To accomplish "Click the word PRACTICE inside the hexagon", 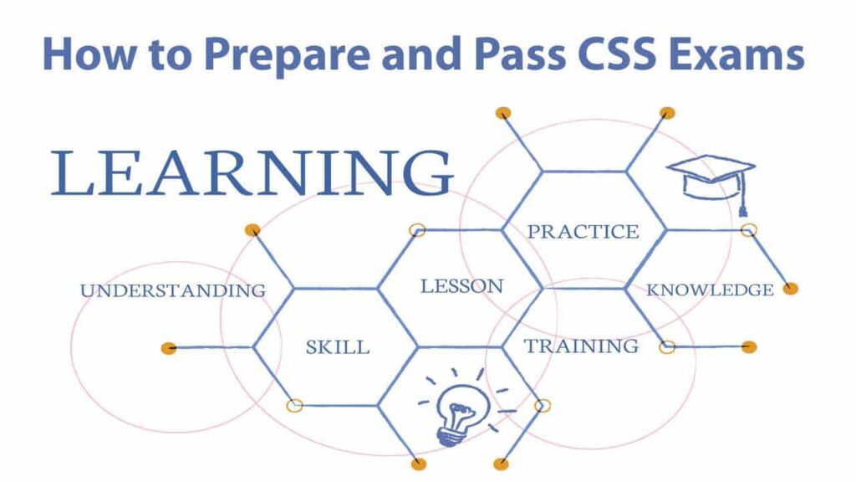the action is (x=583, y=232).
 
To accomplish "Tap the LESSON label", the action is (x=461, y=286).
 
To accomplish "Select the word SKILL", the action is (x=338, y=347).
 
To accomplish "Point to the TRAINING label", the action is (x=581, y=346).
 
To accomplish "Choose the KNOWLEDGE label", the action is (x=710, y=290).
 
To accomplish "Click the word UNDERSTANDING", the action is (x=173, y=290).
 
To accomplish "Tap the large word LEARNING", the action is (x=252, y=173).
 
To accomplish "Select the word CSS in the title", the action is (x=607, y=54).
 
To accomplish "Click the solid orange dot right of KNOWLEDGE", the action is (x=790, y=289).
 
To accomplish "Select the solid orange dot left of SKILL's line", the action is (x=169, y=348).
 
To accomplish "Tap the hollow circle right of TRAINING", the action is (x=666, y=347).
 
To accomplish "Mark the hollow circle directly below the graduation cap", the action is (x=748, y=230).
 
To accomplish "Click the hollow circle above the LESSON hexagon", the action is (x=417, y=230).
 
